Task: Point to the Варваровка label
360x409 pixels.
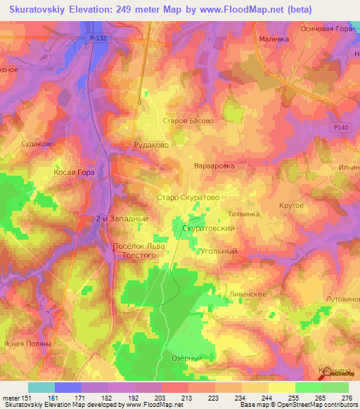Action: pyautogui.click(x=214, y=167)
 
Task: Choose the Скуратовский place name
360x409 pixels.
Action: pyautogui.click(x=208, y=229)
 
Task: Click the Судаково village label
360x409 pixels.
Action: pyautogui.click(x=38, y=143)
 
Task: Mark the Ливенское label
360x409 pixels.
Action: pyautogui.click(x=247, y=294)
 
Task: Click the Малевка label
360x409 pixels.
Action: pyautogui.click(x=274, y=40)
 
